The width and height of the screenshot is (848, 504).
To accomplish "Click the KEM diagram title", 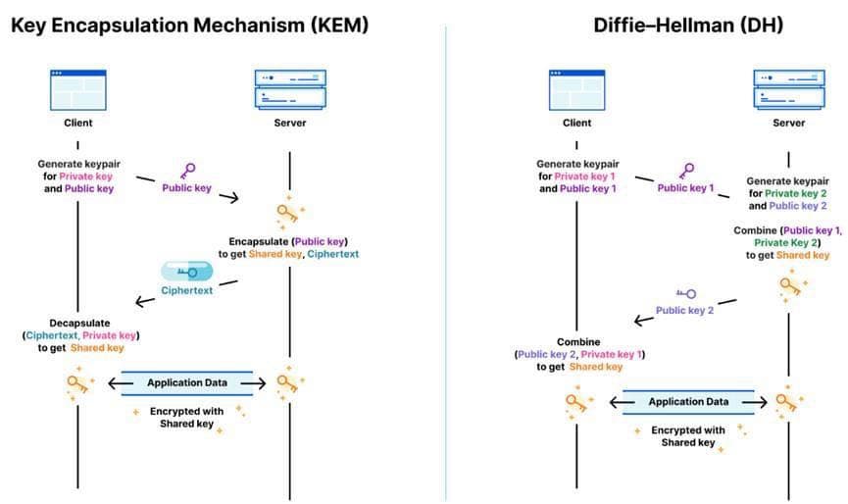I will point(189,25).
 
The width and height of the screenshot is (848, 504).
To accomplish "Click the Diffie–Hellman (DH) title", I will point(688,25).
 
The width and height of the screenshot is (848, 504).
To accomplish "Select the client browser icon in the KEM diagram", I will point(77,89).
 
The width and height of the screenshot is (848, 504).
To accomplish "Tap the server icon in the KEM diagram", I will point(288,88).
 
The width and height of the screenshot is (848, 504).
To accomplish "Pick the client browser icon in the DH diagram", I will point(576,89).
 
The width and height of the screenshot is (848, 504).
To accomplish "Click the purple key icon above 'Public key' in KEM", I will point(188,171).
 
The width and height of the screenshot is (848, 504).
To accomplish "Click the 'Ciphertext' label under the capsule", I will point(186,291).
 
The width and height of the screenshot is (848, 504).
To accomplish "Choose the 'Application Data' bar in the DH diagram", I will point(688,401).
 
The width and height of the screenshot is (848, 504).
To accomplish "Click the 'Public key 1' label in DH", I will point(685,187).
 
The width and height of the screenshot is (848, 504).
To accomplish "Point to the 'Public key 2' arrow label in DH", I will point(684,310).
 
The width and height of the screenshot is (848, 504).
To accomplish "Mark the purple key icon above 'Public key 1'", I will point(689,171).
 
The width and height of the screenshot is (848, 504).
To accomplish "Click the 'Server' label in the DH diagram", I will point(788,124).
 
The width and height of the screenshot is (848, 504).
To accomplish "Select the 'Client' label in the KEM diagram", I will point(77,124).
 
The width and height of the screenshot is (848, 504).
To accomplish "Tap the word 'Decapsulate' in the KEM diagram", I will point(79,323).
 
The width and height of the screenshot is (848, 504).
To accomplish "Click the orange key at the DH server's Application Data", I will point(788,401).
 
